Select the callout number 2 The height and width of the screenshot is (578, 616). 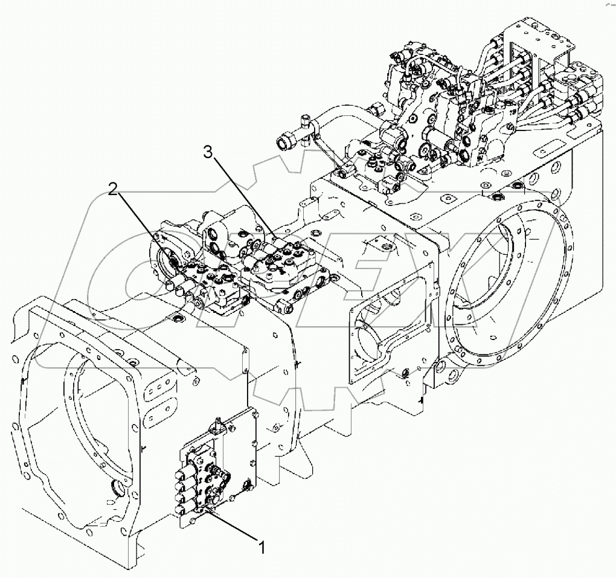tap(113, 190)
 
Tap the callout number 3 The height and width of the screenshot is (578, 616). tap(208, 153)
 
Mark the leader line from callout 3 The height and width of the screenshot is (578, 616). tap(242, 194)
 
